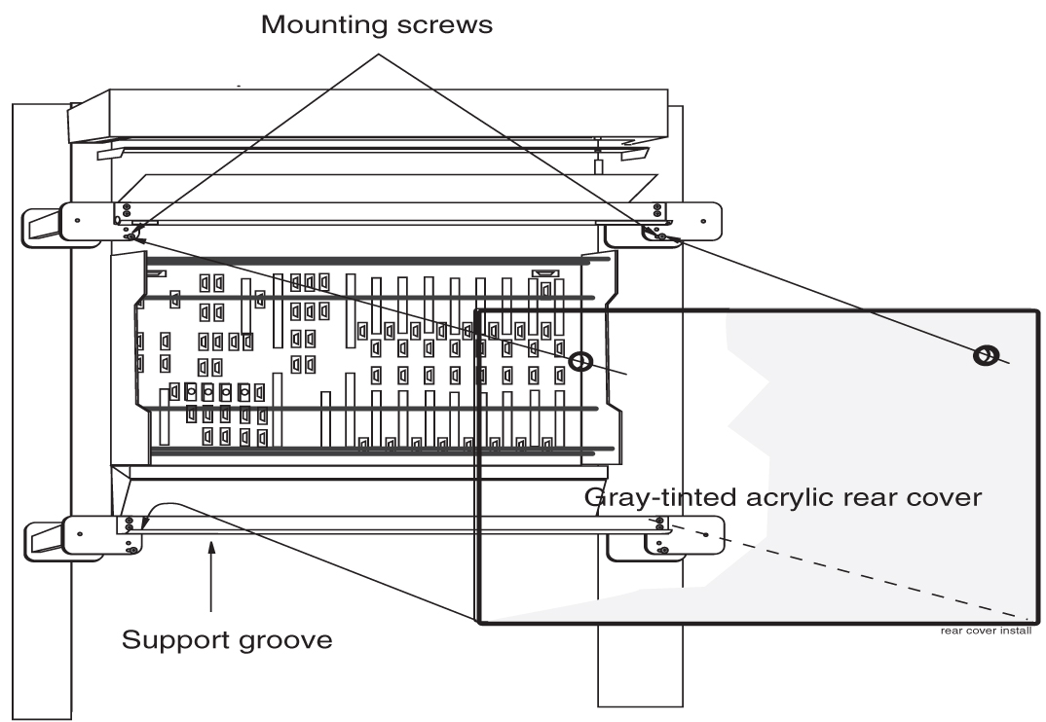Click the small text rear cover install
(985, 630)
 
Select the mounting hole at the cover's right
(985, 356)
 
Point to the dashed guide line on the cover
(857, 572)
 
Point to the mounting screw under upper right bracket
(661, 236)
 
